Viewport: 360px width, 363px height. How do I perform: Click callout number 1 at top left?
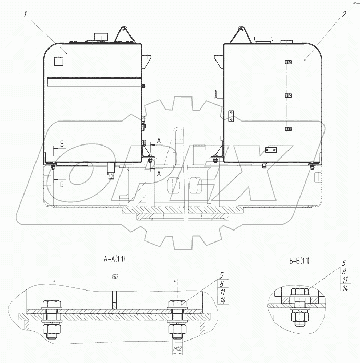(x=25, y=15)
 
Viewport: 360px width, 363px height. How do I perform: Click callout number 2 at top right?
(x=344, y=15)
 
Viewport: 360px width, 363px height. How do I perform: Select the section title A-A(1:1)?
(x=114, y=259)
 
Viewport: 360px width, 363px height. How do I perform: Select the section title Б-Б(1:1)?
(x=299, y=261)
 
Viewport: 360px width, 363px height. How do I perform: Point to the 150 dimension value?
(x=115, y=276)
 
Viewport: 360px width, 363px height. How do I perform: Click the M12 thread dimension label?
(x=177, y=348)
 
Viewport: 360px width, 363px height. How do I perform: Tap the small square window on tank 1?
(x=58, y=61)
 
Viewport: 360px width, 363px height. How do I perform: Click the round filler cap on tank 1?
(x=101, y=37)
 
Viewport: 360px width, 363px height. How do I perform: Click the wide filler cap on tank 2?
(x=263, y=39)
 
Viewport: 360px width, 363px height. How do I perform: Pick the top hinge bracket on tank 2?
(x=288, y=62)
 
